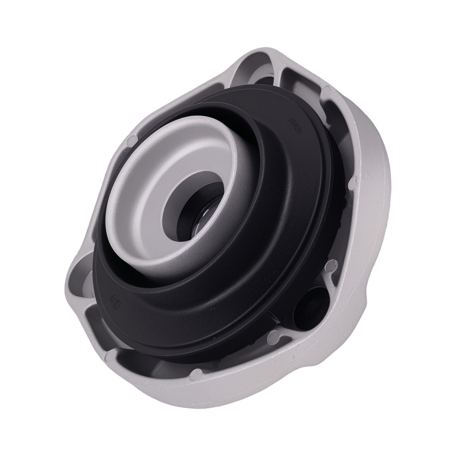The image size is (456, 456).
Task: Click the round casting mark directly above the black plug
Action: (x=332, y=264)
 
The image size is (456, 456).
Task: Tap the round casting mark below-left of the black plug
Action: (x=274, y=337)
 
